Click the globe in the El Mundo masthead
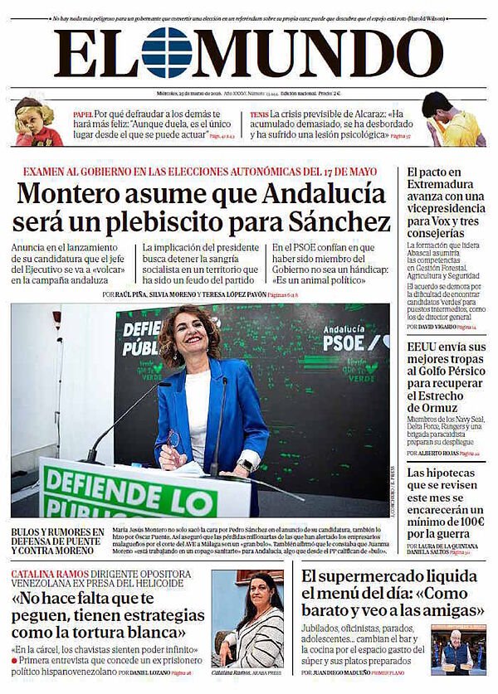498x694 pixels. point(166,52)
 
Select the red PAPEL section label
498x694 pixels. point(82,113)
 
